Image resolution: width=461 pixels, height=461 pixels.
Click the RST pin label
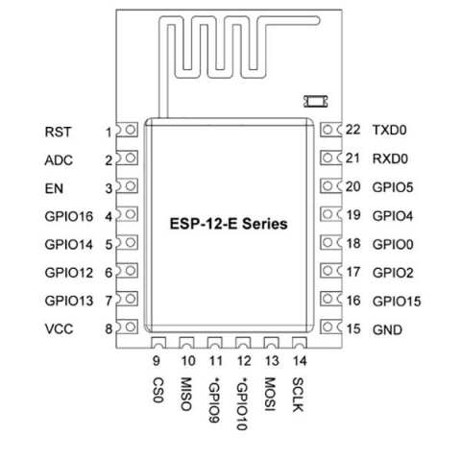[58, 132]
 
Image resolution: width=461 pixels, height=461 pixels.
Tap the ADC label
[59, 160]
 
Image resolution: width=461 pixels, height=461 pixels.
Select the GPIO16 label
[69, 216]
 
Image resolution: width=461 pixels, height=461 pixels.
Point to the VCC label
[59, 328]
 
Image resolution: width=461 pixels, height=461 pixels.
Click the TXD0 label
[390, 130]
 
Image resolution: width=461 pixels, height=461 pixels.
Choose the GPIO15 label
[397, 302]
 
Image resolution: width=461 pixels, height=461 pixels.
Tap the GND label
[387, 329]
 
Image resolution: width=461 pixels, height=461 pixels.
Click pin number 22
[353, 130]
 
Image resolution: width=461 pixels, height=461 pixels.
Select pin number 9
[157, 361]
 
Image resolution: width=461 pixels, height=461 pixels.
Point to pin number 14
[300, 361]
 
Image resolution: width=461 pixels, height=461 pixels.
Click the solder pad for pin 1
[127, 130]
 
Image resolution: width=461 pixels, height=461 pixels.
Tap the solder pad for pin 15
[331, 327]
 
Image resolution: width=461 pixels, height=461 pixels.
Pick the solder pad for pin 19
[331, 214]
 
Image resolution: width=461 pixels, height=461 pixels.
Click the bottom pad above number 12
[243, 343]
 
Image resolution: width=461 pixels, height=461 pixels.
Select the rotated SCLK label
[298, 395]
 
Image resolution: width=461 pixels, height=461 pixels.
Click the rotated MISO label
[186, 394]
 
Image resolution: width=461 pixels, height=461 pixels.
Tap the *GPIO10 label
[242, 404]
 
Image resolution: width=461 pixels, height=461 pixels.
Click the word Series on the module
[264, 224]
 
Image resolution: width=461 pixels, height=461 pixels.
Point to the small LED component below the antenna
[316, 102]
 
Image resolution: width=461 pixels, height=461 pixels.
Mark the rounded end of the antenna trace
[316, 21]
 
